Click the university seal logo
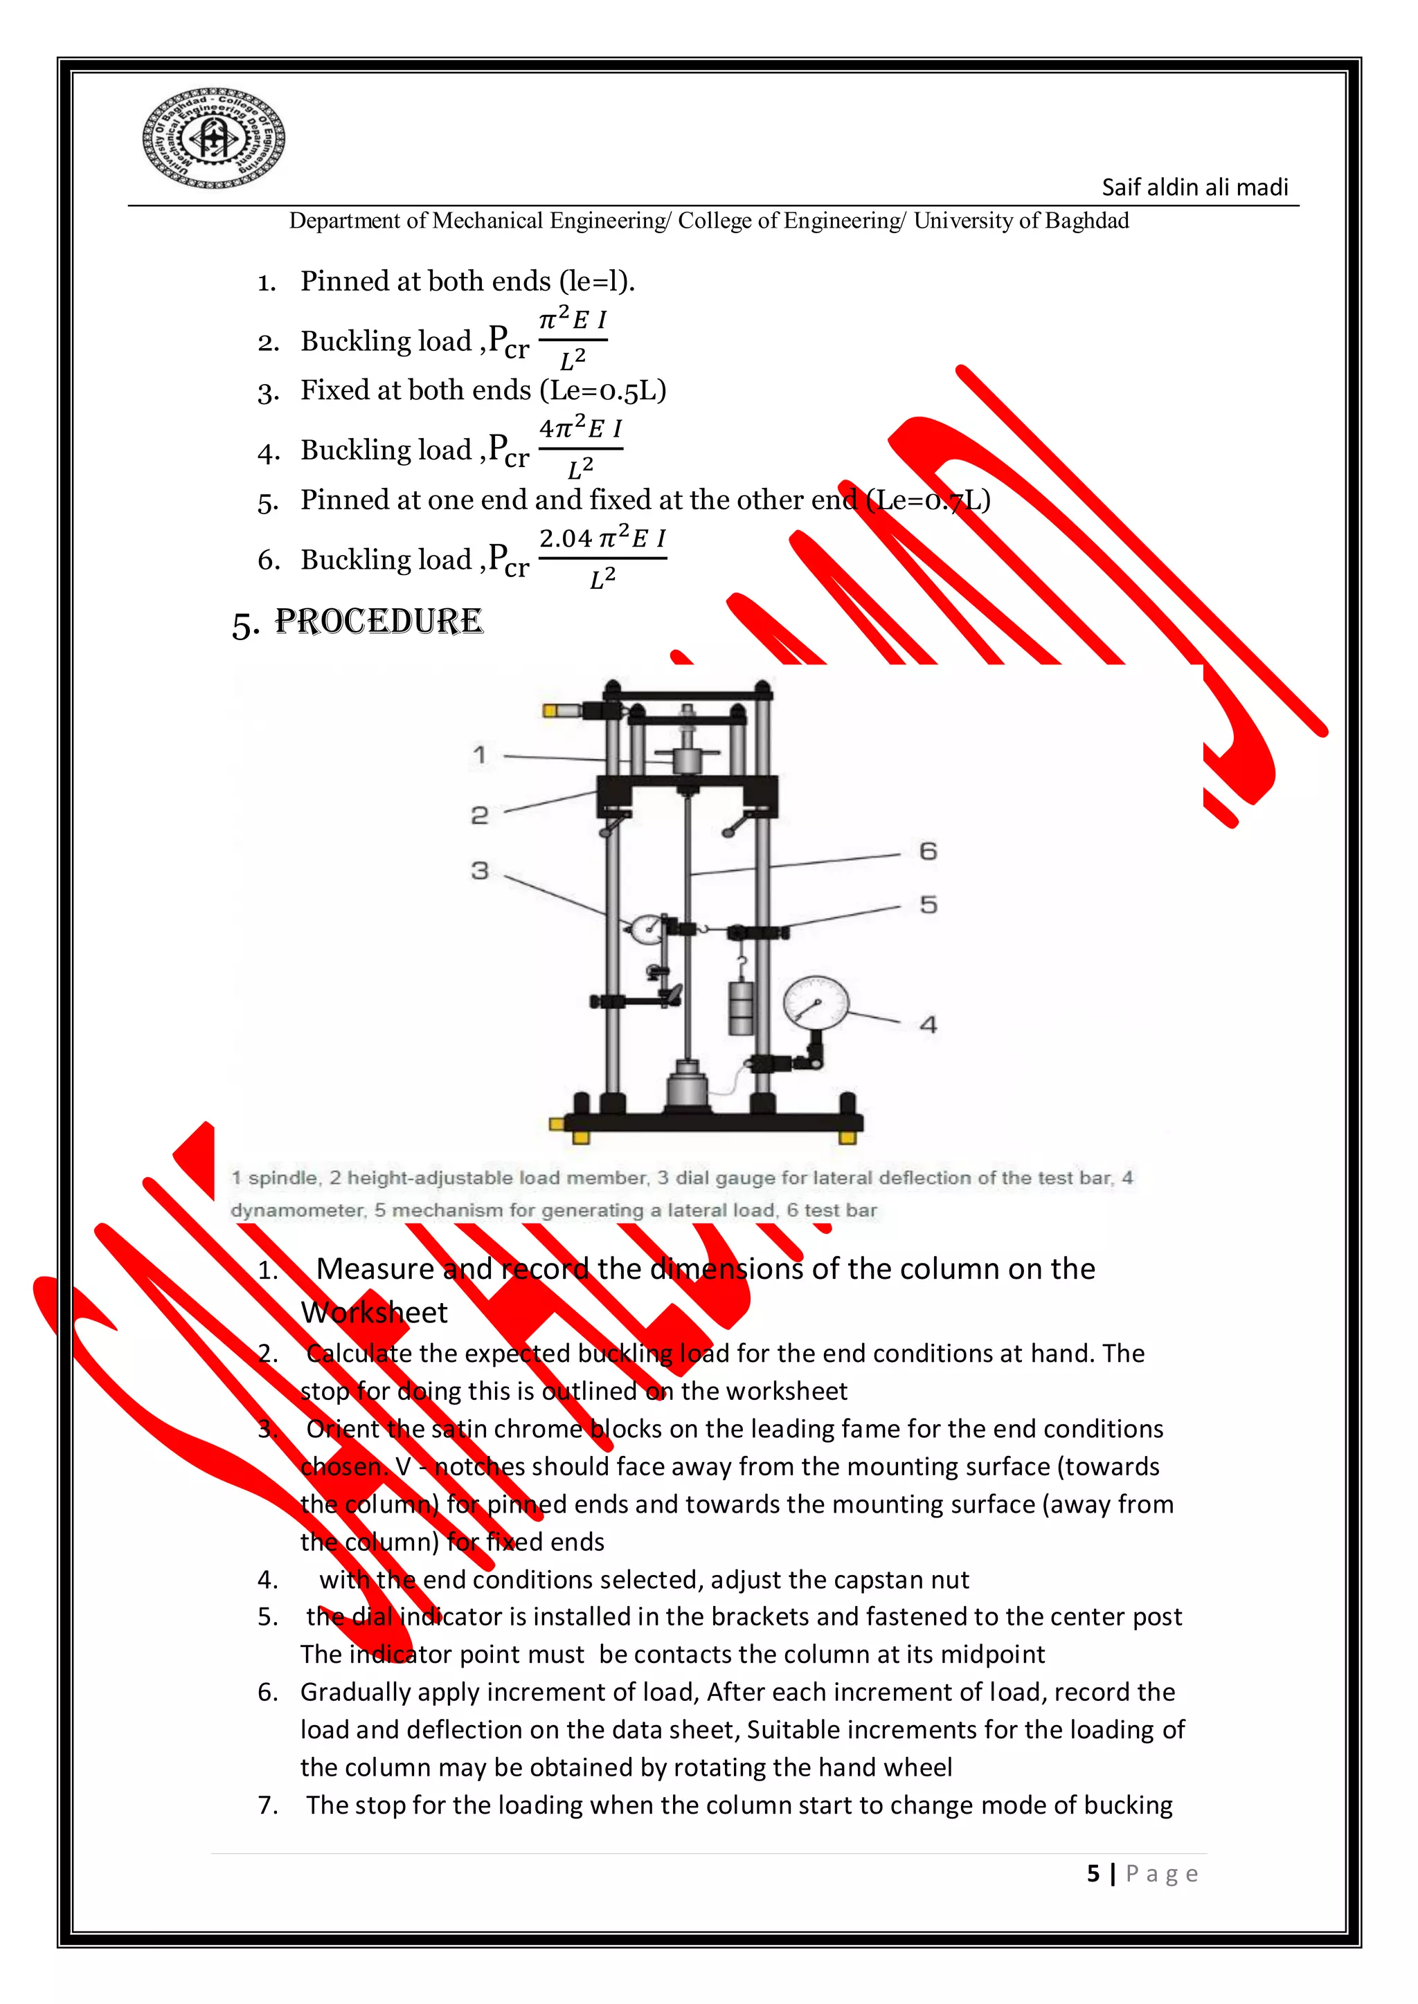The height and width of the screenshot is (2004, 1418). [214, 138]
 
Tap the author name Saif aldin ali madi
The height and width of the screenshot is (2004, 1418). [1194, 188]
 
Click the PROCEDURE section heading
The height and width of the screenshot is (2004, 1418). [377, 621]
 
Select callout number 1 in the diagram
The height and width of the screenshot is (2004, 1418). [479, 754]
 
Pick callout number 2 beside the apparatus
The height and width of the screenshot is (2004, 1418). [479, 815]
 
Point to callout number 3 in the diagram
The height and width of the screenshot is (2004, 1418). [479, 871]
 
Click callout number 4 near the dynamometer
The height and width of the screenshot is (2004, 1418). [928, 1024]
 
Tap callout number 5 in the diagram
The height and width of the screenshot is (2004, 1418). [928, 904]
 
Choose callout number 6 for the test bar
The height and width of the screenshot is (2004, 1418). [928, 850]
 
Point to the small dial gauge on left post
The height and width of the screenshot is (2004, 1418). [646, 929]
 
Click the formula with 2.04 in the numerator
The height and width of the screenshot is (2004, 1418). [602, 557]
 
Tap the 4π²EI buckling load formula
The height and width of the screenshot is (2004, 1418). [580, 448]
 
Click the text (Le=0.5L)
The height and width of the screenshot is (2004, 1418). [602, 390]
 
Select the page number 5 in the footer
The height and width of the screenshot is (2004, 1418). [1093, 1873]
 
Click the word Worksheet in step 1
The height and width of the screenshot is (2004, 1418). [374, 1312]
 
